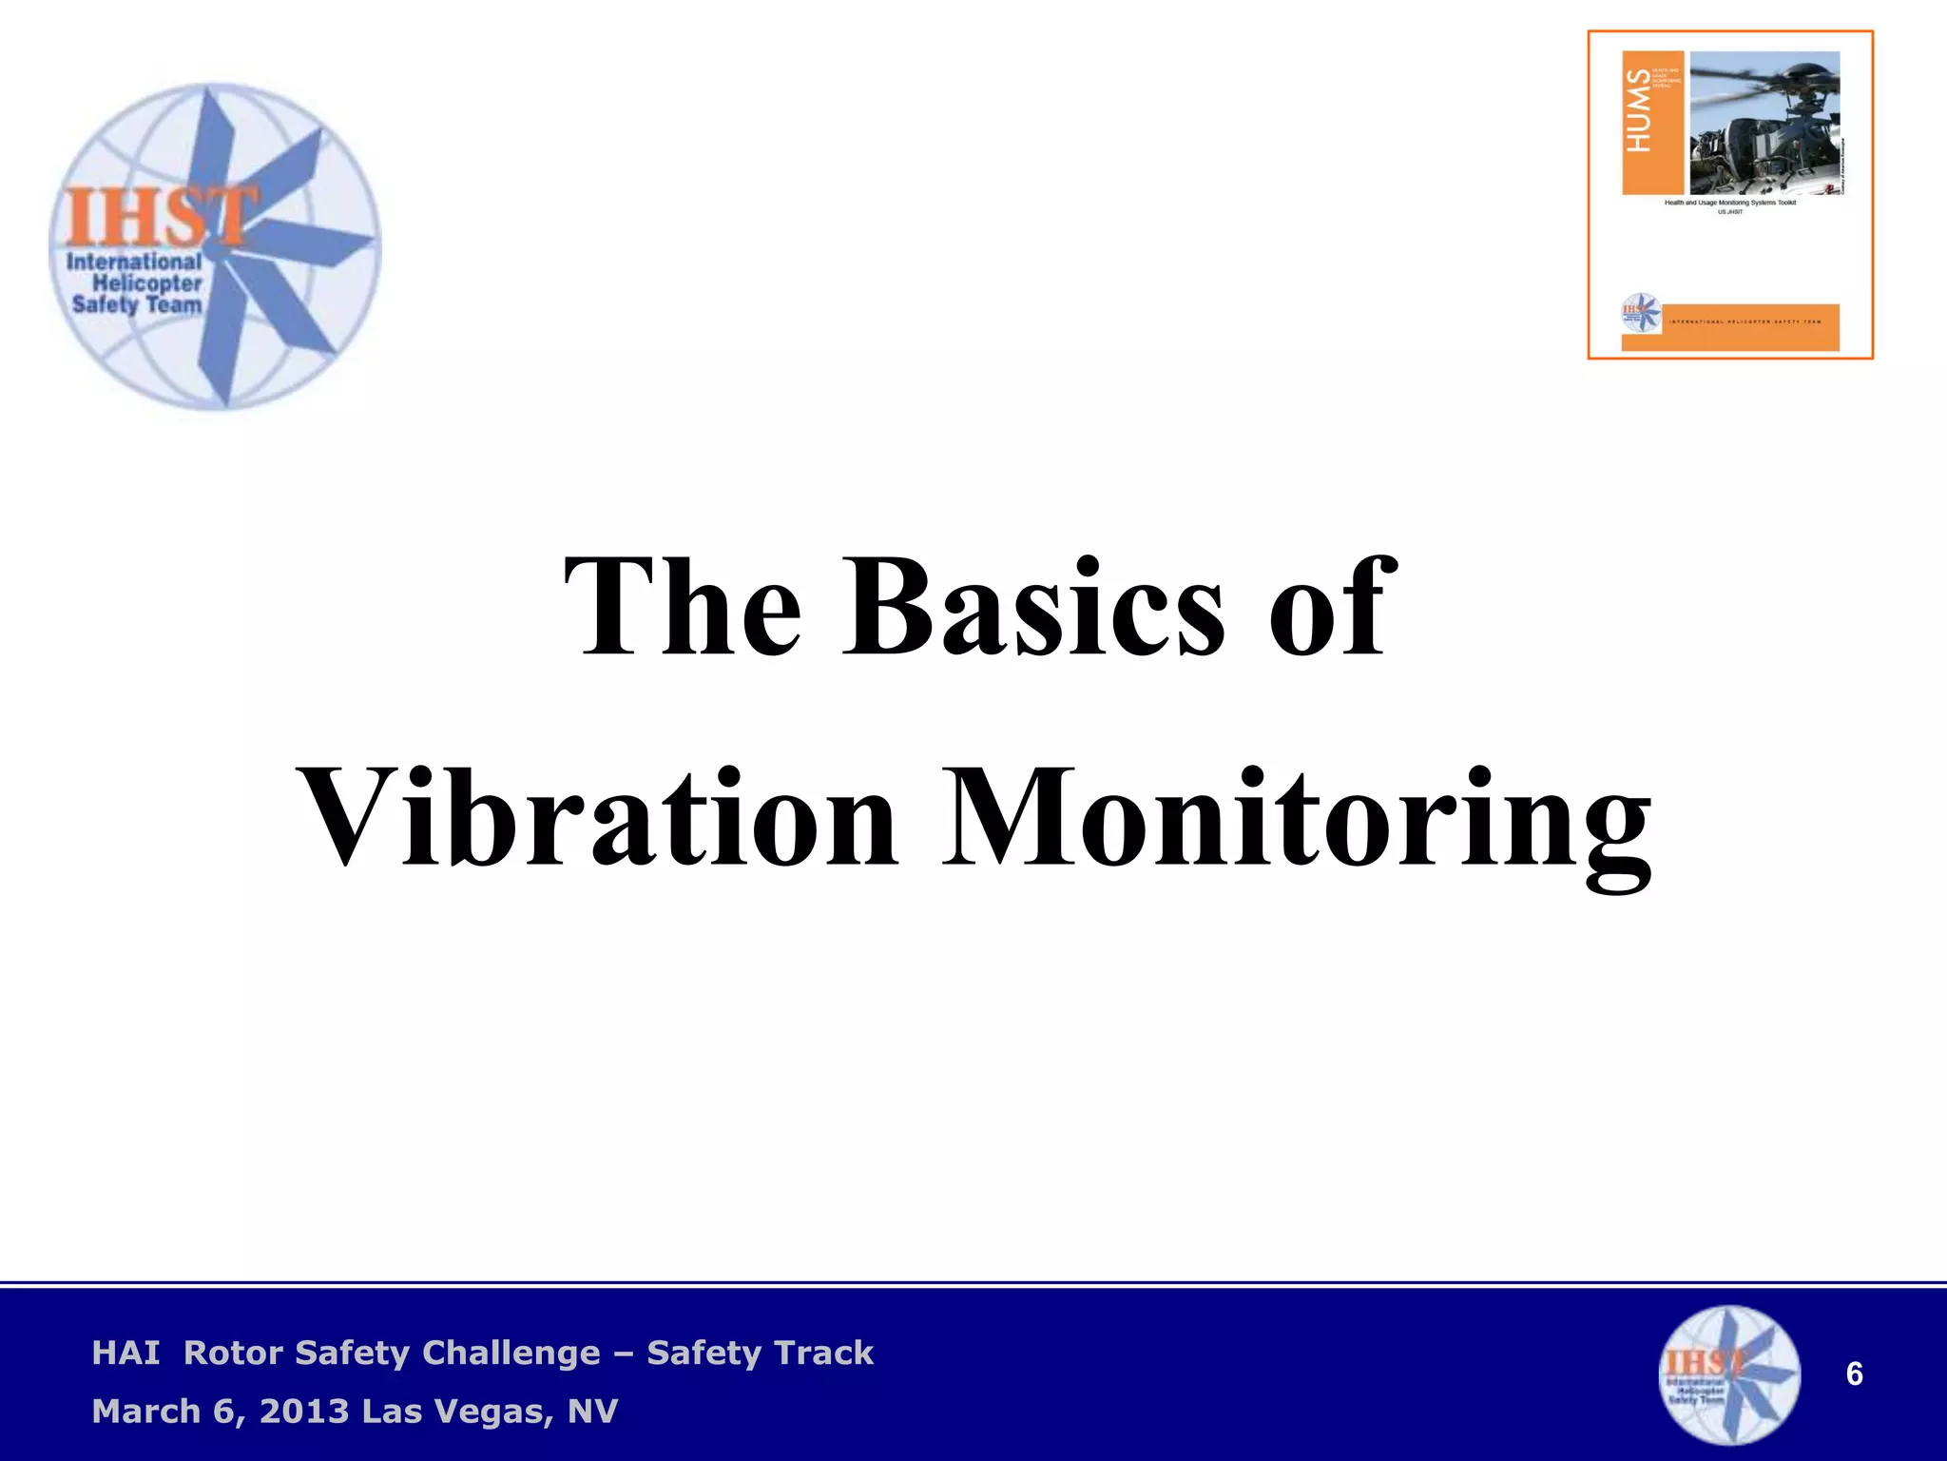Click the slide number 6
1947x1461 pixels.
click(1854, 1374)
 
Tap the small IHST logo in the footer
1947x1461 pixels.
click(1729, 1375)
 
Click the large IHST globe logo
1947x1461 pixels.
click(216, 247)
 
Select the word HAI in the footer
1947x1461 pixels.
click(125, 1353)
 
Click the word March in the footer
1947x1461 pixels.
click(146, 1412)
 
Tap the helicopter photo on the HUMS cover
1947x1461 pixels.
click(1764, 122)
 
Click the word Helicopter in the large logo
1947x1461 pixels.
click(147, 283)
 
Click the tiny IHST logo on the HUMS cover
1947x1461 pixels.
click(1641, 313)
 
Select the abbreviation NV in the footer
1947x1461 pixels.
click(592, 1412)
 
